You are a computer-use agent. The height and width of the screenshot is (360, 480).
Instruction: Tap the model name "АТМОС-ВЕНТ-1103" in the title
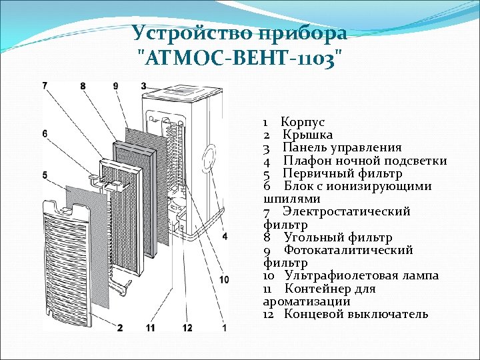pyautogui.click(x=239, y=58)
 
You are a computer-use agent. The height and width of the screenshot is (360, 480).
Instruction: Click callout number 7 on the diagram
pyautogui.click(x=45, y=85)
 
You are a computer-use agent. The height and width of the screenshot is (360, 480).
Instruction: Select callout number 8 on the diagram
pyautogui.click(x=83, y=85)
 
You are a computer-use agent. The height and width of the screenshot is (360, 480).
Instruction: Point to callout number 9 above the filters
pyautogui.click(x=115, y=85)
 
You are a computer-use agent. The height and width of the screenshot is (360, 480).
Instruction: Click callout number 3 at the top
pyautogui.click(x=143, y=85)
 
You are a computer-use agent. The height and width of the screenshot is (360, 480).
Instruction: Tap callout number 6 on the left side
pyautogui.click(x=45, y=134)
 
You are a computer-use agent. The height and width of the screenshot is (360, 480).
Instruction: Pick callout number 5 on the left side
pyautogui.click(x=45, y=175)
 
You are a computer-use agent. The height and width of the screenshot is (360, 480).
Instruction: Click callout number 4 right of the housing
pyautogui.click(x=225, y=236)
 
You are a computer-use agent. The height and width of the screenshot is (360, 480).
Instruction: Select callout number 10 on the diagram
pyautogui.click(x=223, y=279)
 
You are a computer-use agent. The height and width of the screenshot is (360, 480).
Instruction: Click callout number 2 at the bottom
pyautogui.click(x=120, y=327)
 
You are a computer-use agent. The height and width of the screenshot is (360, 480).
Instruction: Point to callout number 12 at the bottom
pyautogui.click(x=187, y=327)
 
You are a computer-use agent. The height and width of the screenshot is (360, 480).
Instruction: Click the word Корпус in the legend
pyautogui.click(x=303, y=122)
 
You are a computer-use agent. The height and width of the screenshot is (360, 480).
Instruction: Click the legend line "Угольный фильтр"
pyautogui.click(x=337, y=237)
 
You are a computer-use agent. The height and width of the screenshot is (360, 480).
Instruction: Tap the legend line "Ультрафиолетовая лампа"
pyautogui.click(x=361, y=276)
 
